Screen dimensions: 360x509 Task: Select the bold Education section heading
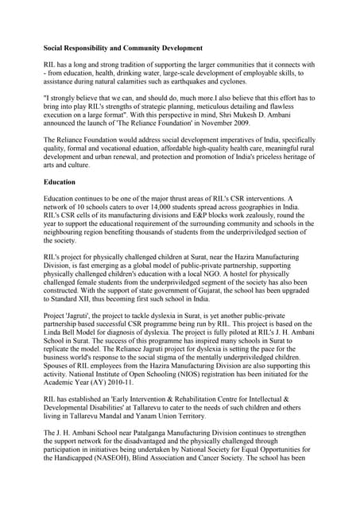point(60,182)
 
